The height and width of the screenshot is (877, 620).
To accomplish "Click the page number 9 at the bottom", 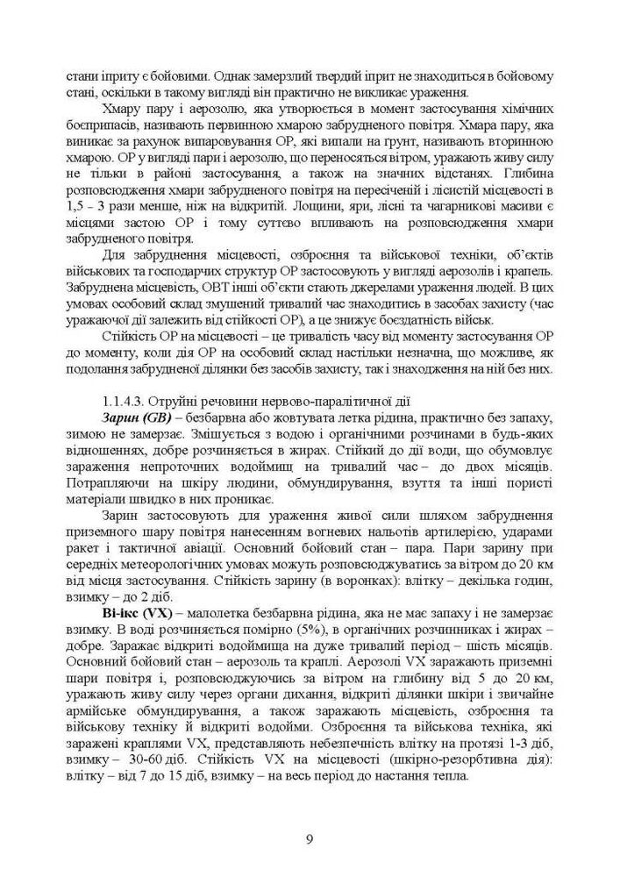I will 310,838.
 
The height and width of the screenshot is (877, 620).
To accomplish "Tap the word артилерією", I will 462,534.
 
